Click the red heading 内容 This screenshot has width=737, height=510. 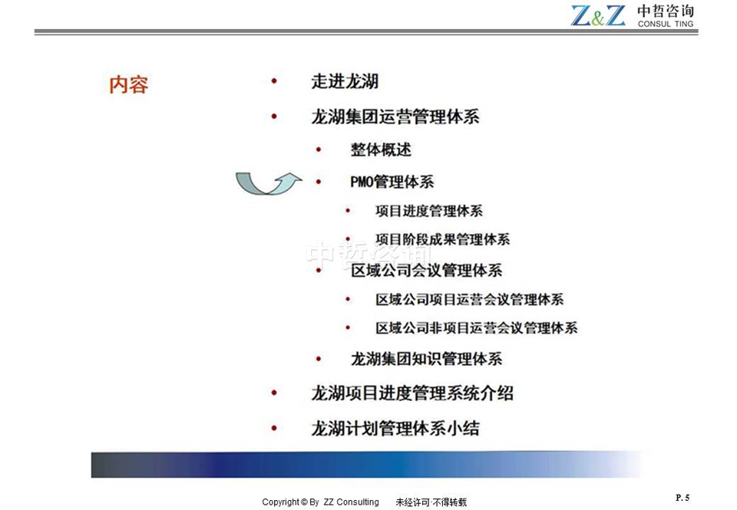point(129,85)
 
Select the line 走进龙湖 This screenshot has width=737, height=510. point(345,82)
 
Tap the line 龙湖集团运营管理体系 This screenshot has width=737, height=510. point(395,117)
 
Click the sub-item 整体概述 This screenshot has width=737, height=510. point(381,150)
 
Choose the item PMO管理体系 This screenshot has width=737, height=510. point(392,182)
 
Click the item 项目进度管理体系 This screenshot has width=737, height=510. point(429,211)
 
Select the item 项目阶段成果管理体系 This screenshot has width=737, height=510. point(443,239)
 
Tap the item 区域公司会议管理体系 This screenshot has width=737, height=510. point(426,271)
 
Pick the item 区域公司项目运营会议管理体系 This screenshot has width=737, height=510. point(470,300)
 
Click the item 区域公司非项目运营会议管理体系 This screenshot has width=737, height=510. point(477,327)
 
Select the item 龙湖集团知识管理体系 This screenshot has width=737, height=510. point(426,359)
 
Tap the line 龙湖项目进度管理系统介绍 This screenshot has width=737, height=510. point(412,393)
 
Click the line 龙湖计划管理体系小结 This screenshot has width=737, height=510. point(395,428)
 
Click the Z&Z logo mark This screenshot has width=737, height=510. point(598,15)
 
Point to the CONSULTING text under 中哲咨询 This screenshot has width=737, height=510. point(666,24)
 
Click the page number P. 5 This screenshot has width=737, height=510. point(683,497)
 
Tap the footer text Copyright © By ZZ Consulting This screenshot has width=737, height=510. point(321,502)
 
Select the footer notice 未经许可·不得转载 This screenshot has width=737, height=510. point(431,502)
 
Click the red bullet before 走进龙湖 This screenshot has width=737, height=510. point(274,81)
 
